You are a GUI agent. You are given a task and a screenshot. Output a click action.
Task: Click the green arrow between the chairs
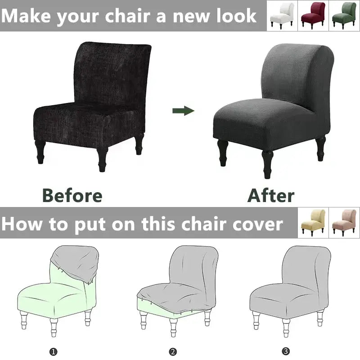(x=183, y=111)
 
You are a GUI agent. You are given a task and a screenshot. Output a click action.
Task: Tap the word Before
(x=72, y=195)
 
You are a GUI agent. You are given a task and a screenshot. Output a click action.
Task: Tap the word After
(x=271, y=195)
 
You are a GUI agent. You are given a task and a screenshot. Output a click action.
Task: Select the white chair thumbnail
(x=282, y=15)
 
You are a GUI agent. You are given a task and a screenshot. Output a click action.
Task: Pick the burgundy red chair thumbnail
(x=313, y=15)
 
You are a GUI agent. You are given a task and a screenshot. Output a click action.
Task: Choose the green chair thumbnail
(x=344, y=15)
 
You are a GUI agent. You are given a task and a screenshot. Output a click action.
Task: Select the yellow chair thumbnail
(x=313, y=222)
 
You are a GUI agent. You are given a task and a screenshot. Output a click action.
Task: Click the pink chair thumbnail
(x=344, y=222)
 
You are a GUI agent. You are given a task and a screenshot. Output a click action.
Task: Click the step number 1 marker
(x=53, y=351)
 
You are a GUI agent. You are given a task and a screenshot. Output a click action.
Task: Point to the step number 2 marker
(x=173, y=351)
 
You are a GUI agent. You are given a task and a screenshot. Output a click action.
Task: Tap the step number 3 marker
(x=286, y=351)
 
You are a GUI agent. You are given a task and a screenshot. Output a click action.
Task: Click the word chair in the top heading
(x=128, y=16)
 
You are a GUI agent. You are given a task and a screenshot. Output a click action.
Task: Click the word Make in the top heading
(x=26, y=16)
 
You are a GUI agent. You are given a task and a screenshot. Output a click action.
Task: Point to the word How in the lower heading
(x=22, y=224)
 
